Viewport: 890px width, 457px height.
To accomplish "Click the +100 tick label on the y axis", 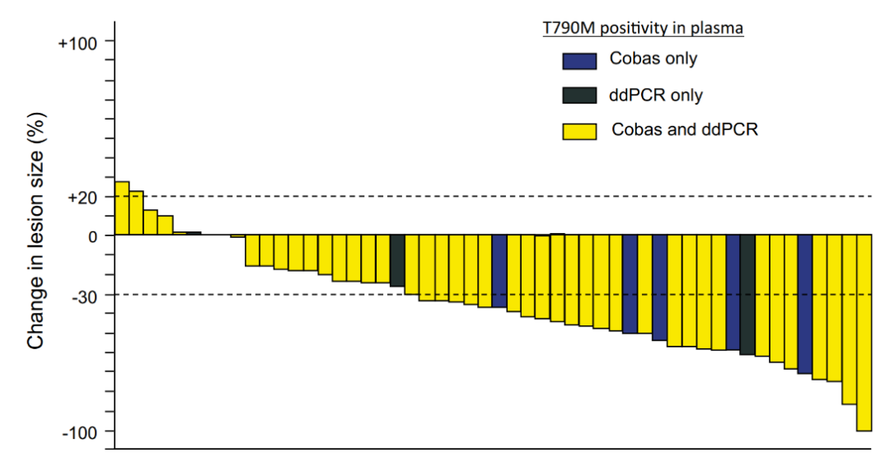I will click(x=76, y=42).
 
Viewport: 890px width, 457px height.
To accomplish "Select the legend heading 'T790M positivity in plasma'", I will click(x=643, y=29).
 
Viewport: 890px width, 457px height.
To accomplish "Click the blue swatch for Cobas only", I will click(x=578, y=60).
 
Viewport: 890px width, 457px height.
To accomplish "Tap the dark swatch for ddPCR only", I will click(x=578, y=96).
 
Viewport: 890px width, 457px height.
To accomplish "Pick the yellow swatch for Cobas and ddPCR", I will click(x=578, y=131).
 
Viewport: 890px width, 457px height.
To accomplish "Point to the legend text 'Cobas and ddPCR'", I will click(x=685, y=130).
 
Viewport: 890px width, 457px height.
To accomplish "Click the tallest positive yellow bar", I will click(x=121, y=208).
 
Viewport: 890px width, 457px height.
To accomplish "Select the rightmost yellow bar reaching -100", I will click(x=864, y=333).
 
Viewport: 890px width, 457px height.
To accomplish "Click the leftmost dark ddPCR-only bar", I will click(x=397, y=260).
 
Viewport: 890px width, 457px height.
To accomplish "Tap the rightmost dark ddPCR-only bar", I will click(x=747, y=295).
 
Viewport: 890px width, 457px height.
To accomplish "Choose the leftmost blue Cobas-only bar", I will click(x=499, y=271).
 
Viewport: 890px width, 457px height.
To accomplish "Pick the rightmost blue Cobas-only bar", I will click(x=805, y=304).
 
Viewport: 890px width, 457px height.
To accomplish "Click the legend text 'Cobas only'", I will click(x=653, y=59).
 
